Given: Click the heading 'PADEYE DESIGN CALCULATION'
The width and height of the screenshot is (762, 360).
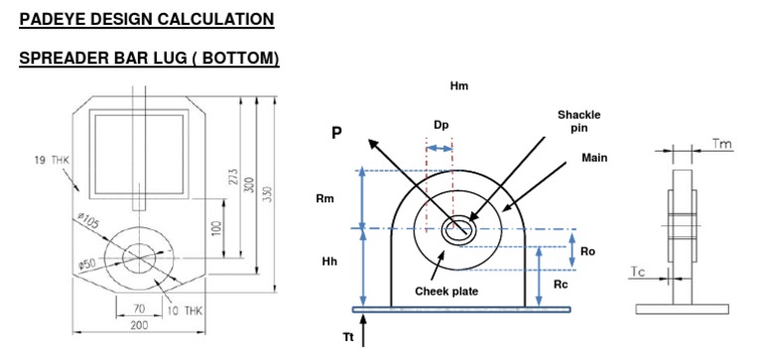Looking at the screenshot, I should point(147,19).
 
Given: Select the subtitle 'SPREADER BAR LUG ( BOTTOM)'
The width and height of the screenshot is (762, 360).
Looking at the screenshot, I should point(149,60).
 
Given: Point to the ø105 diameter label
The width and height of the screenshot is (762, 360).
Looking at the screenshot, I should point(87,219).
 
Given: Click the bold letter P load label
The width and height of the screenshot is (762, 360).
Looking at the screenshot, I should point(336,133).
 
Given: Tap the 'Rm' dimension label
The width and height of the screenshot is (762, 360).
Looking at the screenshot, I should point(325,197).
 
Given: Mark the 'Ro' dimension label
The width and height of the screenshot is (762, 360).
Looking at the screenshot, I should point(588,252).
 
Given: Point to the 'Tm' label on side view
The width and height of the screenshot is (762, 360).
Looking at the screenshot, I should point(723,145).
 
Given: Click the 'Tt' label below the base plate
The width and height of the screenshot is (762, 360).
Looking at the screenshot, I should point(348,337).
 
